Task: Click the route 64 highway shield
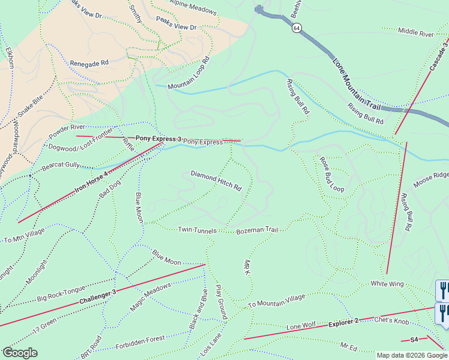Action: [x=297, y=28]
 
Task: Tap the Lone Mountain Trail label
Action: [x=357, y=83]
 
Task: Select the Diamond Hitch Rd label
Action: [x=216, y=181]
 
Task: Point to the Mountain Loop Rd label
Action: [x=188, y=74]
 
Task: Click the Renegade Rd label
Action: [x=89, y=62]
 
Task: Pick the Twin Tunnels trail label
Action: [x=196, y=230]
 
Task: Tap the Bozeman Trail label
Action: [x=258, y=230]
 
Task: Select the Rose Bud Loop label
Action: [x=331, y=175]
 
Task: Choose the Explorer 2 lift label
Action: [x=343, y=322]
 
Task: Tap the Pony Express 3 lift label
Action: [x=158, y=139]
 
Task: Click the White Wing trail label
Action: [x=387, y=283]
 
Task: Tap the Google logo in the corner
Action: [x=20, y=352]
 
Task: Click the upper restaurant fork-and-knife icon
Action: [x=443, y=290]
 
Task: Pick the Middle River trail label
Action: [x=415, y=32]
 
